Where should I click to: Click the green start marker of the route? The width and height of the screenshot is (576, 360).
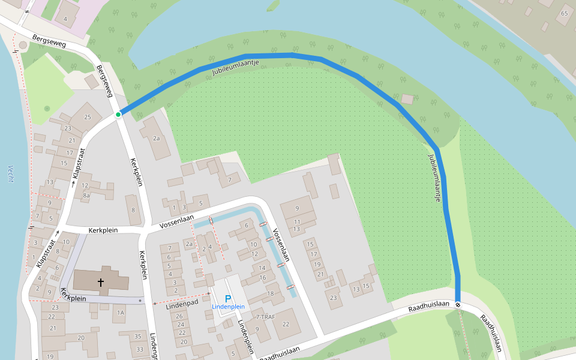[118, 114]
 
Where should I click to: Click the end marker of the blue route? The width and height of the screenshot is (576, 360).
[458, 304]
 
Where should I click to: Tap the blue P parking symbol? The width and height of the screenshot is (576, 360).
[227, 298]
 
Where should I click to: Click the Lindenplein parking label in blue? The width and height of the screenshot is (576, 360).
[228, 307]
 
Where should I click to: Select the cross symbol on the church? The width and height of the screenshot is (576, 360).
[100, 281]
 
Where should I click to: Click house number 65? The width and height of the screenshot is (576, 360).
[564, 13]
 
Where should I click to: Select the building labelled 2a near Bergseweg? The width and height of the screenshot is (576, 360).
[157, 138]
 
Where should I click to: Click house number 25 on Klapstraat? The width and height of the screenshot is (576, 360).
[88, 116]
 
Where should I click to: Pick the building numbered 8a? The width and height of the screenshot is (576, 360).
[86, 195]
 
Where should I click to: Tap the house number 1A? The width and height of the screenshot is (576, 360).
[121, 313]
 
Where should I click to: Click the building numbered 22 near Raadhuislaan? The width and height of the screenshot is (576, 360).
[286, 325]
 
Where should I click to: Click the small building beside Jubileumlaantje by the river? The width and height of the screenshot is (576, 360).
[408, 99]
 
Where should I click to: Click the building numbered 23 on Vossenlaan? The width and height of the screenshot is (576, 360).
[334, 298]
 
